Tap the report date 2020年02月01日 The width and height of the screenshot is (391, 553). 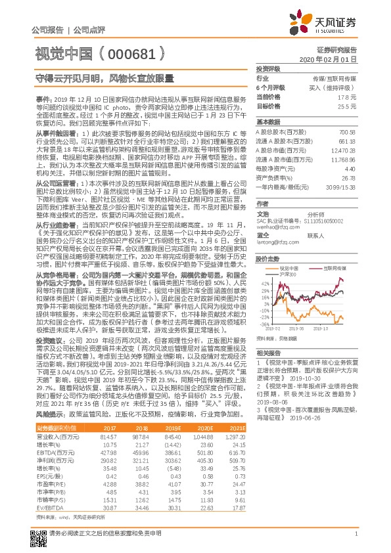pos(334,59)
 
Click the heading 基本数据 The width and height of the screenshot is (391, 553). pos(268,122)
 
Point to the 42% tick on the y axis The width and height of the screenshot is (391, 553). pos(264,282)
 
